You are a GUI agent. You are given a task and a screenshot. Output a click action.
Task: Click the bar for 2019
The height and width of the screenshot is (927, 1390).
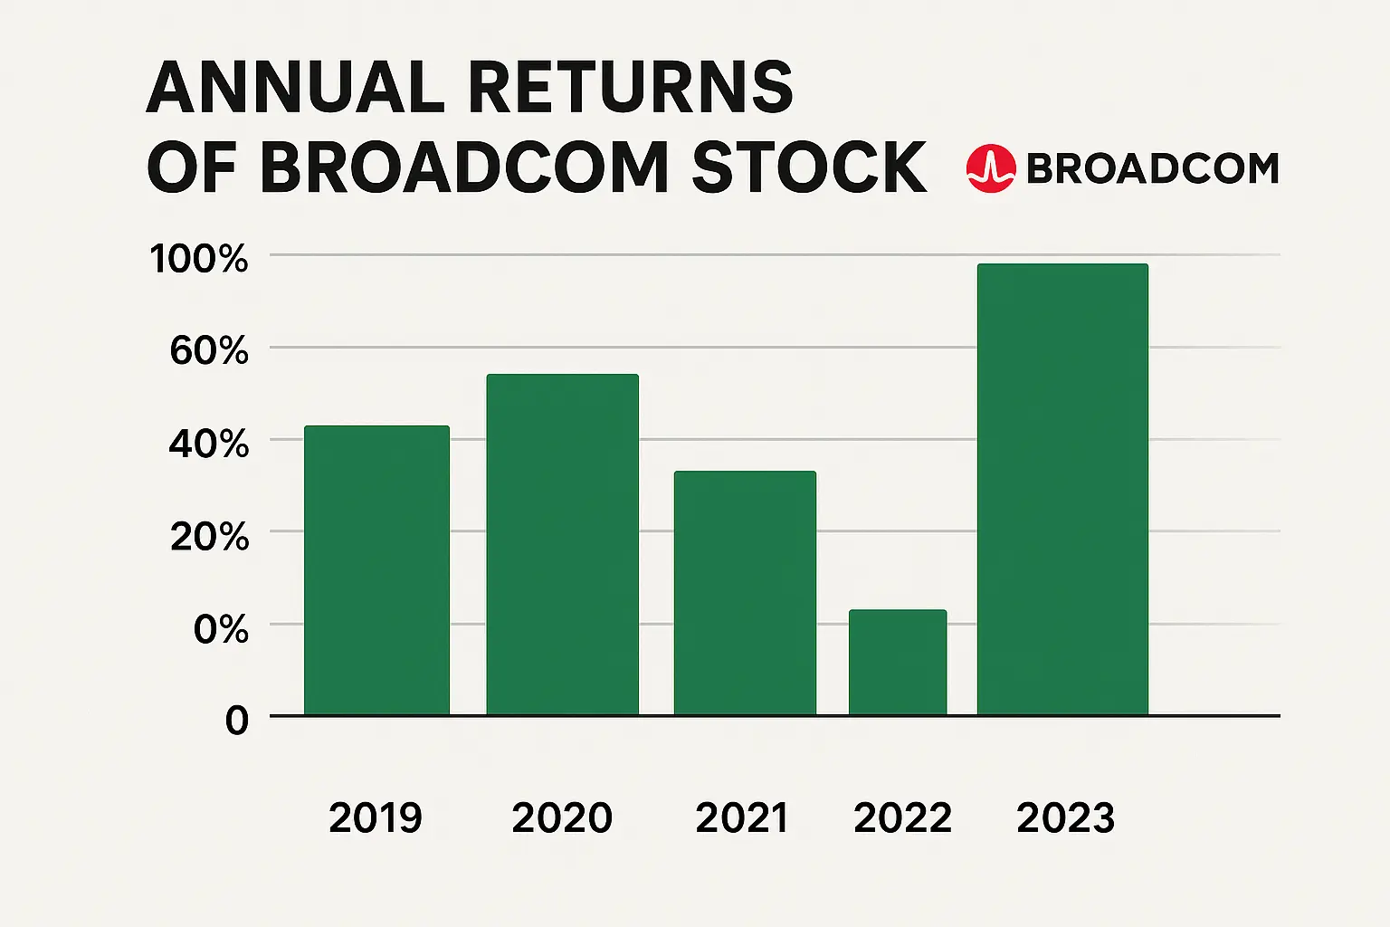point(376,570)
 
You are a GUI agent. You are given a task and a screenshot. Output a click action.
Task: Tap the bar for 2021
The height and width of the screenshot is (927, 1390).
point(745,593)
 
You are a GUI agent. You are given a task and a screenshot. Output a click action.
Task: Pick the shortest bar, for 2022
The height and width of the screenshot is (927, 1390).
point(898,663)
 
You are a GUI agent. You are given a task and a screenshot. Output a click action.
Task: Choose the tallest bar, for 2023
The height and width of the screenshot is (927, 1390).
point(1062,489)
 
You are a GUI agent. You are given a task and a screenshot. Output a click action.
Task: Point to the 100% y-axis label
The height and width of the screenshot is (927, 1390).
point(199,259)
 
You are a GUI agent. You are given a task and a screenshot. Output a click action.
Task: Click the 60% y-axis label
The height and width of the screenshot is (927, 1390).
point(209,350)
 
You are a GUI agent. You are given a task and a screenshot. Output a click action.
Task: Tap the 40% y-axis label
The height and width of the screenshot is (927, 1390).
point(209,444)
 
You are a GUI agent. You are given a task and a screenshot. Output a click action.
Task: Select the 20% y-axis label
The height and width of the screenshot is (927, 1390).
point(209,537)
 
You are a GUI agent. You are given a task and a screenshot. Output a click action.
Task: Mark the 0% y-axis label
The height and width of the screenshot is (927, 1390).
point(221,629)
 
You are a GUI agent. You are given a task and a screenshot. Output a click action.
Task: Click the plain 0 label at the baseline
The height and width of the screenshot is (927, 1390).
point(237,722)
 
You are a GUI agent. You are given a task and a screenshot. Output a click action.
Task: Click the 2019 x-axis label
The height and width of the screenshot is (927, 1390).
point(376,818)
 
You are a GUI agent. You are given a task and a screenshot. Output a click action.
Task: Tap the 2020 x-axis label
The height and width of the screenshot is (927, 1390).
point(562,818)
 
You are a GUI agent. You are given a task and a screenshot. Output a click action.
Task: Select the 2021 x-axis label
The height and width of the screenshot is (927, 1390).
point(742,818)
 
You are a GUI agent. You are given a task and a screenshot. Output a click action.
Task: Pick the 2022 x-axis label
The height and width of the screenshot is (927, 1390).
point(902,818)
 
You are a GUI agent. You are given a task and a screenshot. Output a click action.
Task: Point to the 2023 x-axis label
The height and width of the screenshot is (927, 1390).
point(1065,818)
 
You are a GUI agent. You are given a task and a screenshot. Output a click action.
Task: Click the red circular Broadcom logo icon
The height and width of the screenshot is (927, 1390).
point(991,168)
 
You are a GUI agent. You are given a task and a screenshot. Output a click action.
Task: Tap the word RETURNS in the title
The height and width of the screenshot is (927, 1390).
point(630,88)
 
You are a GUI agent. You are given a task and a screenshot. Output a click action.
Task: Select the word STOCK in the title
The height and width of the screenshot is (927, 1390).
point(808,167)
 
